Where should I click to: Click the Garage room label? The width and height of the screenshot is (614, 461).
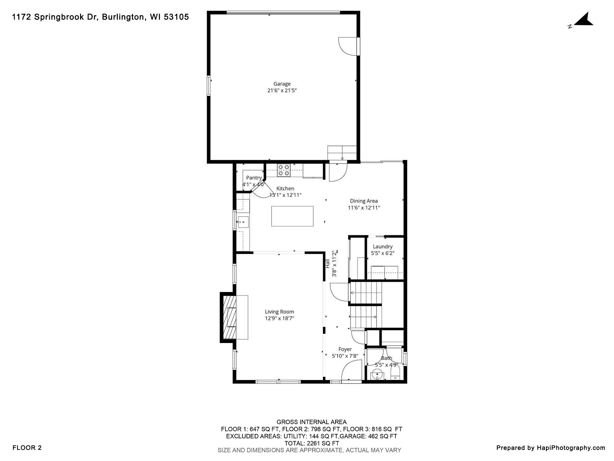tap(282, 84)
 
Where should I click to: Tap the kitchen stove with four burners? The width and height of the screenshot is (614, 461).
tap(284, 170)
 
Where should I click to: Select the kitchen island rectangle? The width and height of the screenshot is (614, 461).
tap(292, 216)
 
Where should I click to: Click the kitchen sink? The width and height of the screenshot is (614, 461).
tap(243, 222)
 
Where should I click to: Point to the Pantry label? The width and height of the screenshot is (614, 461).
tap(254, 178)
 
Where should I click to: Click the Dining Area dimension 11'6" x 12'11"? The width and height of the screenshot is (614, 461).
tap(364, 208)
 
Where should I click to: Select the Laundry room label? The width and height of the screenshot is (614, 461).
tap(383, 246)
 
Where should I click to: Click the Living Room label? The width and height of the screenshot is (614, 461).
tap(279, 312)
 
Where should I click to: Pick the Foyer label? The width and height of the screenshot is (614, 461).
tap(345, 349)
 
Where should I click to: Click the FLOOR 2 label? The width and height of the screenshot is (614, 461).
tap(27, 448)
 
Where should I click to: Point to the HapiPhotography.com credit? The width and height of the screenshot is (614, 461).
tap(550, 448)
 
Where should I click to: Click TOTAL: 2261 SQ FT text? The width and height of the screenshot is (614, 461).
tap(311, 443)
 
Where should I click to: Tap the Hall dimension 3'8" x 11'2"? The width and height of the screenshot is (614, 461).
tap(334, 264)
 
